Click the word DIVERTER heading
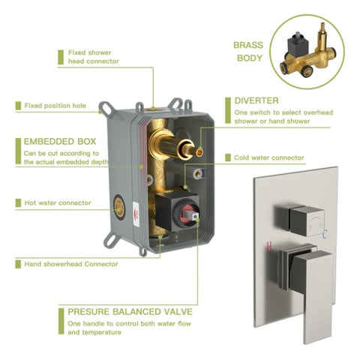(x=256, y=100)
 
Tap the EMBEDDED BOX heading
(x=60, y=142)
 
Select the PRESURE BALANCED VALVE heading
(x=130, y=312)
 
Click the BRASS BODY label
(x=248, y=52)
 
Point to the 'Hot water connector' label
(x=58, y=202)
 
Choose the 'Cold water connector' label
(x=269, y=157)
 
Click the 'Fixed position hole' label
(x=55, y=106)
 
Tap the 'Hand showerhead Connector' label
(x=71, y=264)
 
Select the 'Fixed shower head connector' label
(x=94, y=57)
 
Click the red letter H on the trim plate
(x=269, y=246)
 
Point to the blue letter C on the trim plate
(x=325, y=234)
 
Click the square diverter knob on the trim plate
(x=307, y=221)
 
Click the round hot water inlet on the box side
(x=119, y=207)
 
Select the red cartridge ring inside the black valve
(x=186, y=214)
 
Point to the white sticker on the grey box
(x=136, y=214)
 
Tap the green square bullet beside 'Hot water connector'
(x=18, y=203)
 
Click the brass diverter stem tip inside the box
(x=199, y=151)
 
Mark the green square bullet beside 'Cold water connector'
(x=228, y=157)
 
